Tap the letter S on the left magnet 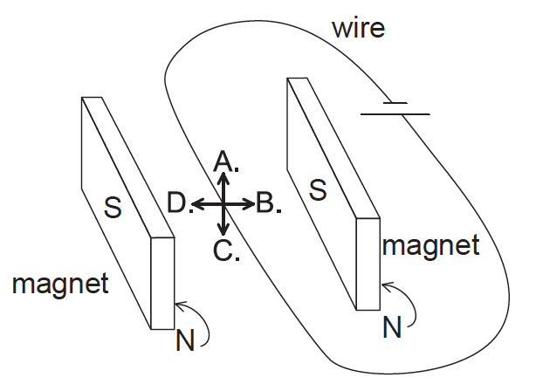coord(113,206)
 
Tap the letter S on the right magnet coord(319,189)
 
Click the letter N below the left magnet coord(184,340)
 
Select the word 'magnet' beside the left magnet coord(60,284)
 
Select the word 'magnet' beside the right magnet coord(431,245)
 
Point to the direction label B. coord(268,205)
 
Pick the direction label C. coord(226,251)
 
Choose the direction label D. coord(179,204)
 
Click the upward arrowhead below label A coord(223,177)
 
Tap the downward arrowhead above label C coord(223,231)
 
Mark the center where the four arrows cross coord(223,204)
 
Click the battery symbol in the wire coord(395,108)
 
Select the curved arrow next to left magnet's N coord(200,321)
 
